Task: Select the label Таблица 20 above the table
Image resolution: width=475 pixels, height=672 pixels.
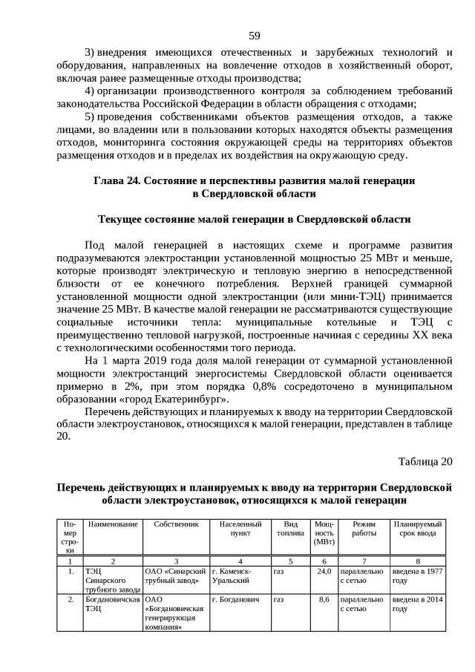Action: click(425, 461)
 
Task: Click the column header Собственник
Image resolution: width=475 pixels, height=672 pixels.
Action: click(176, 525)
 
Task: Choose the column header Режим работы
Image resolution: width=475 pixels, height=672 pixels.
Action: click(364, 529)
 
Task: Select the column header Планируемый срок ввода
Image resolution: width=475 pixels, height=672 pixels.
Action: click(419, 529)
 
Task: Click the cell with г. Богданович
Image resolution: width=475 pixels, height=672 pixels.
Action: click(236, 599)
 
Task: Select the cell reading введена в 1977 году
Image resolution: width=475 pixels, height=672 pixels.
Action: click(418, 577)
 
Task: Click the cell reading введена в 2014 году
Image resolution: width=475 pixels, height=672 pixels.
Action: click(418, 604)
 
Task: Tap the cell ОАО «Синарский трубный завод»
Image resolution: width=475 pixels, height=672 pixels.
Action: click(175, 577)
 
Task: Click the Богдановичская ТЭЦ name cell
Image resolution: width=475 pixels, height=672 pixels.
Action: click(112, 604)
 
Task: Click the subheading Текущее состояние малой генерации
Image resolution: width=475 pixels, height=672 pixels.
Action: click(254, 220)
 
